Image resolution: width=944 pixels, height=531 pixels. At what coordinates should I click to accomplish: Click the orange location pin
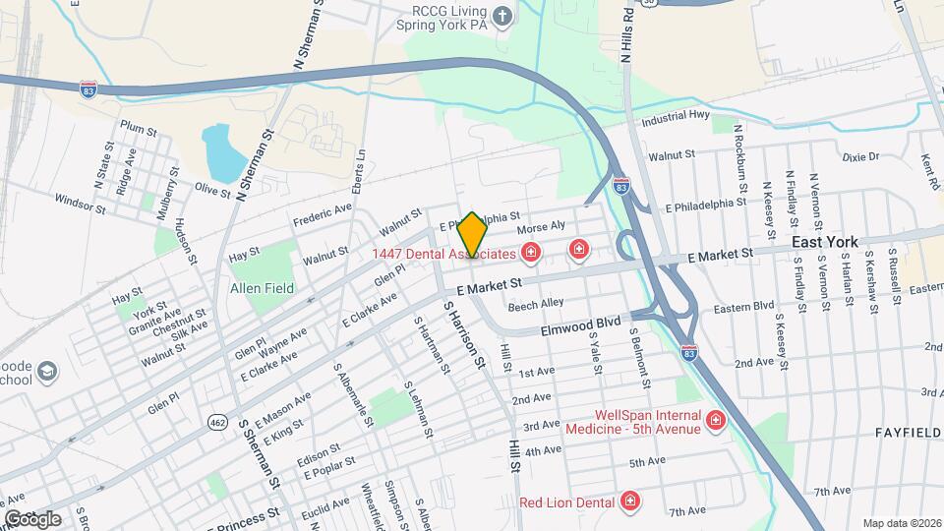(473, 234)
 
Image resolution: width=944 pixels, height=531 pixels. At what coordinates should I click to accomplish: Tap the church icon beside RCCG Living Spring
(502, 16)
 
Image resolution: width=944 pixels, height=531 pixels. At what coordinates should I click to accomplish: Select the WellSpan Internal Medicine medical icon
(715, 421)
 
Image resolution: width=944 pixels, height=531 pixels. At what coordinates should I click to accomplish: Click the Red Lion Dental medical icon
(630, 502)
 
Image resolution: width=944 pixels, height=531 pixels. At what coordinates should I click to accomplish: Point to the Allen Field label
(262, 288)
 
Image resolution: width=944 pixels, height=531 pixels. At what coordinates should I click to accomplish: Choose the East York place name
(825, 242)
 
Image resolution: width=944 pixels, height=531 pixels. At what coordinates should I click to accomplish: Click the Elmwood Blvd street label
(581, 322)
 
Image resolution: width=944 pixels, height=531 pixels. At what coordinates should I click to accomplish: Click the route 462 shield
(217, 422)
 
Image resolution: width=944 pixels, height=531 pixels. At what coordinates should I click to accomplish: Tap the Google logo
(32, 518)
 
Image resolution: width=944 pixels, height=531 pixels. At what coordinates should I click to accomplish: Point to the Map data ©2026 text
(902, 523)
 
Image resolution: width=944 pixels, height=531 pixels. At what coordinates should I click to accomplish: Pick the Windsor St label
(80, 204)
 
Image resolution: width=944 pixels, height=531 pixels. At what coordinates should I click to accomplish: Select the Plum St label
(139, 126)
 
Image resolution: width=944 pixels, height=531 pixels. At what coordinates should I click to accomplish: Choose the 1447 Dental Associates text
(443, 254)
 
